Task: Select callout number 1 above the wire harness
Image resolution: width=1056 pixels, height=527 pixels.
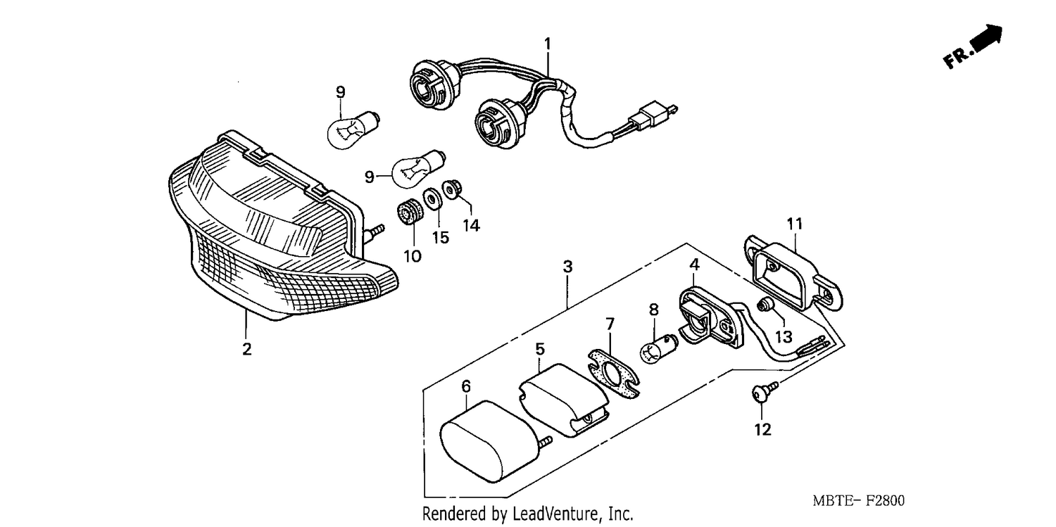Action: coord(547,44)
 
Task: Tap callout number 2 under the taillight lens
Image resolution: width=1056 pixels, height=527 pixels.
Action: coord(246,349)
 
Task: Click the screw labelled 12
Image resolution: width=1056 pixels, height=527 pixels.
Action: coord(762,393)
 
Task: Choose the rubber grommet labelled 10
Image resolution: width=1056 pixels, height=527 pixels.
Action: coord(409,212)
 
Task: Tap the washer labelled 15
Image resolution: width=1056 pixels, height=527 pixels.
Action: coord(432,198)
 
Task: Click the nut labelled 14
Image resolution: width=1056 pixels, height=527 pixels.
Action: coord(452,189)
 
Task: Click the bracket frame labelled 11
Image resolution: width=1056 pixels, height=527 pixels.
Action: coord(793,274)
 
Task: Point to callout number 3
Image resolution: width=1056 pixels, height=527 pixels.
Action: coord(567,267)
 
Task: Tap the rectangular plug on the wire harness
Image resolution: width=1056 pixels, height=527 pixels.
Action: coord(647,115)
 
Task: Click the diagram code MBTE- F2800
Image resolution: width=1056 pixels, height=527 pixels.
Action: coord(858,501)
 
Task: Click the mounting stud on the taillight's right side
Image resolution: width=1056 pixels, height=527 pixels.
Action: coord(375,231)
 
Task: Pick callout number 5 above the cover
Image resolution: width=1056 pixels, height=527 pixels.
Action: coord(540,350)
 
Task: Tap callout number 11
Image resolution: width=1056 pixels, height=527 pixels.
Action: coord(794,224)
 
